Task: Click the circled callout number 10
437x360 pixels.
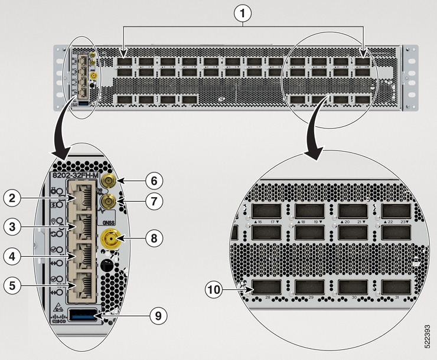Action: tap(214, 290)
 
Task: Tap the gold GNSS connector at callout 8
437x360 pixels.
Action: tap(110, 240)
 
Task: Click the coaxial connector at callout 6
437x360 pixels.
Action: tap(109, 180)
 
